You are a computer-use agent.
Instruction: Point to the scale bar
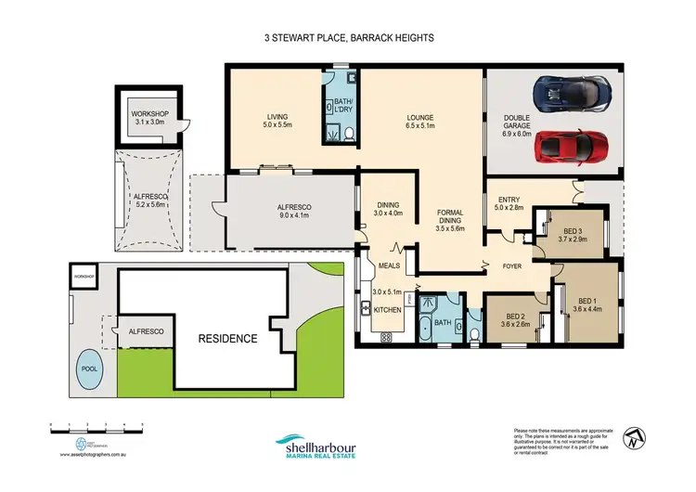coord(97,425)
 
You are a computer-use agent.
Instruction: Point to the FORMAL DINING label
coord(450,219)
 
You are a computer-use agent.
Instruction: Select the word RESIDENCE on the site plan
coord(228,339)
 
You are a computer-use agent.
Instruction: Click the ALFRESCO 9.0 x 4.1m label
coord(292,211)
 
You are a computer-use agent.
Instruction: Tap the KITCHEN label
coord(388,309)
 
